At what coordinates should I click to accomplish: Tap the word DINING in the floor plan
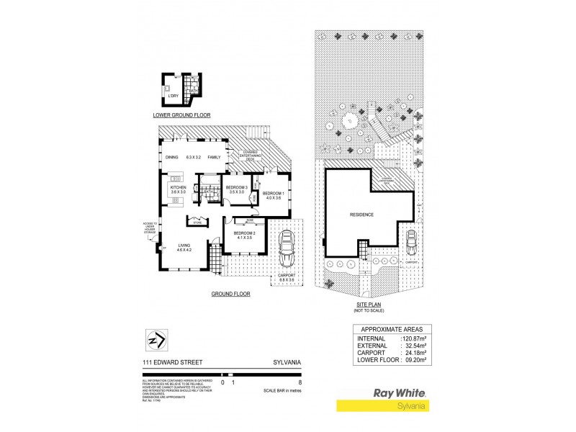click(x=171, y=157)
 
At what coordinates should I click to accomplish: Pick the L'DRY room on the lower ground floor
click(x=173, y=96)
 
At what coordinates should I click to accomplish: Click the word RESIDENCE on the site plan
click(x=362, y=215)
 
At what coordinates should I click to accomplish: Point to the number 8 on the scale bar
click(x=300, y=383)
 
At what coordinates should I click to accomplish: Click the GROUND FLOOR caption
click(x=230, y=294)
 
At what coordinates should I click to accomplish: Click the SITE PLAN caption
click(x=367, y=305)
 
